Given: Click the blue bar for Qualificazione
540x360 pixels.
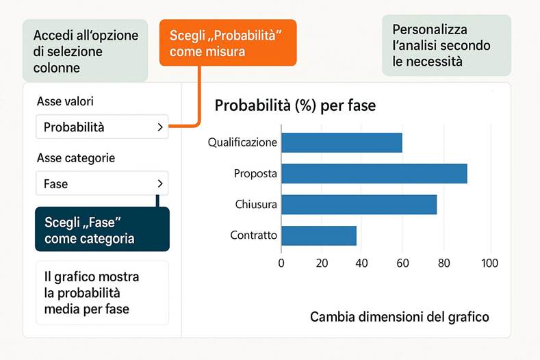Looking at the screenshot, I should tap(341, 142).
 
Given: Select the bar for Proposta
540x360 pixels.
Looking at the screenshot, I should tap(374, 174).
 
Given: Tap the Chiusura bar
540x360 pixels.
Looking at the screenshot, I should tap(359, 205).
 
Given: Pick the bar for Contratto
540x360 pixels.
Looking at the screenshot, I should tap(318, 235).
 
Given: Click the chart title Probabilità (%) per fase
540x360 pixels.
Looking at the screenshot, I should tap(295, 106).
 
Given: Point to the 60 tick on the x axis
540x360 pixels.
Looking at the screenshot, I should tap(402, 263).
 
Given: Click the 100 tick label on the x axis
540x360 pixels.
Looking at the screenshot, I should tap(489, 263).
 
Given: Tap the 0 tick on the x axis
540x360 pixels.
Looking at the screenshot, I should tap(281, 263).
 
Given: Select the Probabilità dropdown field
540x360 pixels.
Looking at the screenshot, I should tap(101, 127).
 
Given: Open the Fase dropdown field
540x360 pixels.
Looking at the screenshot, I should tap(101, 183).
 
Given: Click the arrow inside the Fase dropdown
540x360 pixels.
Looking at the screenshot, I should tap(160, 183).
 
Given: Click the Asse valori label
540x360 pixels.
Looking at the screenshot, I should tap(65, 101).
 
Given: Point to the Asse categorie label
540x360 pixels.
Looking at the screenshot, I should tap(76, 158).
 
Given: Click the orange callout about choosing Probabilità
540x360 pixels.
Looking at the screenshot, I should tap(227, 42).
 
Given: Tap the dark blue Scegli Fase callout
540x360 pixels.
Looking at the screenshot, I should tap(102, 230).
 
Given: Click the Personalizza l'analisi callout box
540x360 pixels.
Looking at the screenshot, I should tap(446, 46).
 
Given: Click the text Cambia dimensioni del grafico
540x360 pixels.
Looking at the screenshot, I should tap(400, 317).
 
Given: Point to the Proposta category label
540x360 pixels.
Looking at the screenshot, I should tap(255, 174).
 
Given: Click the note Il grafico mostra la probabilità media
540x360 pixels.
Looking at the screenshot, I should tap(101, 292).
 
